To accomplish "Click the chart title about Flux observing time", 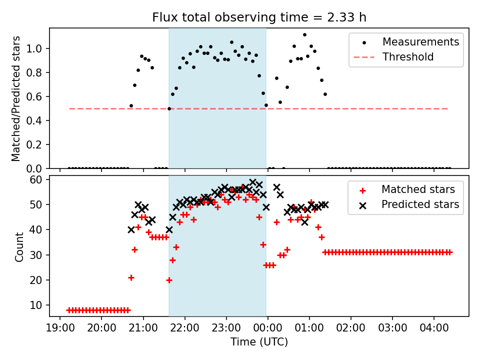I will (x=259, y=18).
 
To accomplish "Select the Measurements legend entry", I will (x=420, y=42).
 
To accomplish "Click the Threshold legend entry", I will (x=407, y=57).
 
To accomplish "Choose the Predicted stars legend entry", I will (x=420, y=204).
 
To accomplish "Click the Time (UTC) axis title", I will (x=259, y=342).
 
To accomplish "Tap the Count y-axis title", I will (x=19, y=246).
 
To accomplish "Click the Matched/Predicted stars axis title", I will (x=16, y=98).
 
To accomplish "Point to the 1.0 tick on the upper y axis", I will (x=39, y=48).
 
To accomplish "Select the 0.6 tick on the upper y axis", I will (x=39, y=96).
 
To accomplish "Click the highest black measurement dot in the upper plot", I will (x=304, y=35).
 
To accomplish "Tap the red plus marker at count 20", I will (x=169, y=280).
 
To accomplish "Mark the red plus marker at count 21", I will (x=131, y=277).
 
